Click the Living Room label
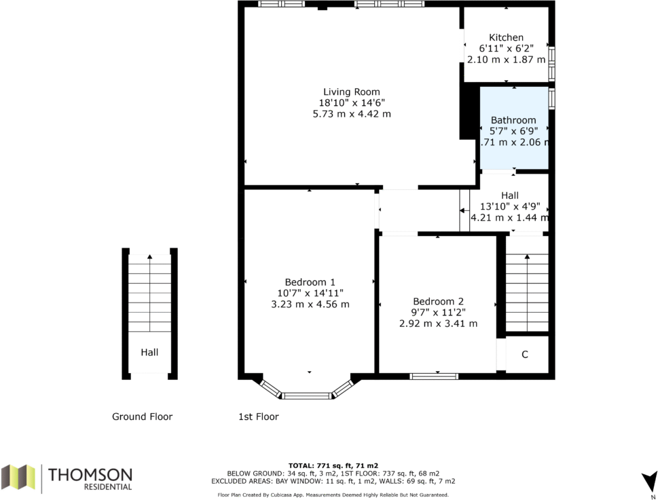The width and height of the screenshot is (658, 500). (352, 92)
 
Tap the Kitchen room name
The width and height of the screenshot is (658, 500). (506, 37)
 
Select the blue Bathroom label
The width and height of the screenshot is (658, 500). (513, 120)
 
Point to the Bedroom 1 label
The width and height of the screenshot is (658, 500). (310, 282)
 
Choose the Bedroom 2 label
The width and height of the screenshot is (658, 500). (438, 301)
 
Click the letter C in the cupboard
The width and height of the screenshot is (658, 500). (524, 355)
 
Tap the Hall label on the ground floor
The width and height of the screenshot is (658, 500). (149, 353)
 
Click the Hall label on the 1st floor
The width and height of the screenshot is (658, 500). (510, 195)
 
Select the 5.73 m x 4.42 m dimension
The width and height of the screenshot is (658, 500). (352, 113)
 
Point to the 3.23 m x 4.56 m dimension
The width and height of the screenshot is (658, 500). (310, 305)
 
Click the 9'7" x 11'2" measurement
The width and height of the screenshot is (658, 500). (438, 312)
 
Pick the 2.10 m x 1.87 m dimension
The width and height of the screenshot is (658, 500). (506, 60)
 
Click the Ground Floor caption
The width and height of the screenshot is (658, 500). (142, 417)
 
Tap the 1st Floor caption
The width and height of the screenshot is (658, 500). (259, 417)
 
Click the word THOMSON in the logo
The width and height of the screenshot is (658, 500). (90, 475)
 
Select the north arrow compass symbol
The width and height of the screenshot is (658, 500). (649, 481)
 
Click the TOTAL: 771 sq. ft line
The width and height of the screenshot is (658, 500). (333, 465)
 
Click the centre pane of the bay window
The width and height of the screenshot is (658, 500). (307, 396)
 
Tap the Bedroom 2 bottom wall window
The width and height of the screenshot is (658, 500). (434, 377)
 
